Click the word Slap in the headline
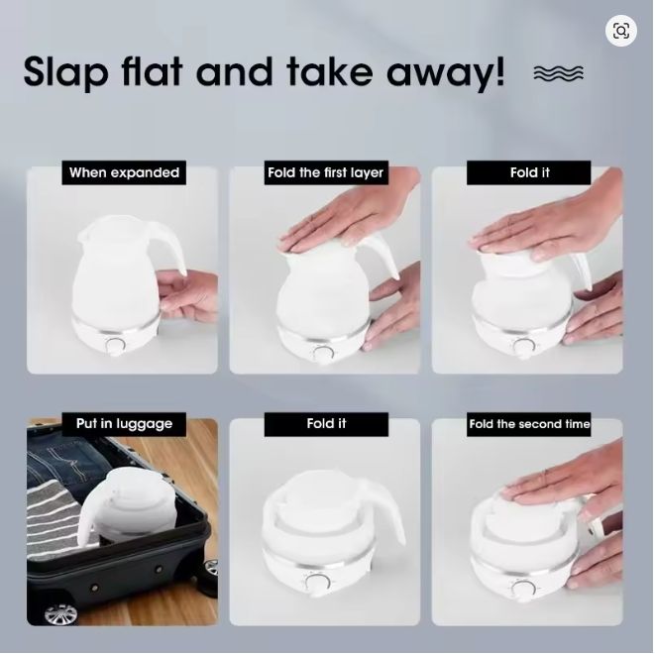pyautogui.click(x=66, y=71)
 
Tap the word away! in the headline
pyautogui.click(x=446, y=73)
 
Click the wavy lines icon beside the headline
pyautogui.click(x=559, y=73)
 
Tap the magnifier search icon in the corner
pyautogui.click(x=621, y=31)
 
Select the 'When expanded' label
pyautogui.click(x=124, y=172)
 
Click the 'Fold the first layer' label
pyautogui.click(x=326, y=172)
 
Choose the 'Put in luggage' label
pyautogui.click(x=124, y=424)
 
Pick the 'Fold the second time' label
pyautogui.click(x=529, y=424)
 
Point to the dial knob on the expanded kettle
pyautogui.click(x=115, y=346)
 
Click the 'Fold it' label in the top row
pyautogui.click(x=529, y=172)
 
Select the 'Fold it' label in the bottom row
pyautogui.click(x=326, y=424)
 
